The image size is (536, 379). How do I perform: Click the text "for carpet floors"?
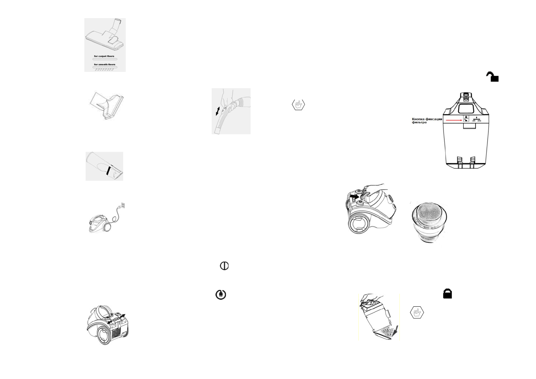(104, 56)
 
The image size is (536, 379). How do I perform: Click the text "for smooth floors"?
(104, 64)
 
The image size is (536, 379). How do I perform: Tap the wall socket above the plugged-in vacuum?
(123, 206)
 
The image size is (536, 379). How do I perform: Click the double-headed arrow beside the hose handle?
(218, 111)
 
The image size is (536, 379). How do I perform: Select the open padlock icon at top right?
(492, 77)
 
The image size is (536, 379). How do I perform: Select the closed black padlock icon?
(448, 294)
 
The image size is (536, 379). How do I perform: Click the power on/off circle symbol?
(224, 266)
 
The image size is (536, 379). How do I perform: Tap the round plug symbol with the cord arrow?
(221, 295)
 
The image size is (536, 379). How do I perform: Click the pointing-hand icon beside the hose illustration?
(298, 104)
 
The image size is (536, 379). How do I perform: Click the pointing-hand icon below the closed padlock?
(417, 312)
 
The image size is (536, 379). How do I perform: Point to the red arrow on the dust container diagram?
(453, 120)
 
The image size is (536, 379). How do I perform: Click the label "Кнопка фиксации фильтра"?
(427, 121)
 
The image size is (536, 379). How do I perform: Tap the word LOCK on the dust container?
(474, 121)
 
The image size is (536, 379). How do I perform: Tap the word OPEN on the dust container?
(479, 121)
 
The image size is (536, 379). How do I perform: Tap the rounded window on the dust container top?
(466, 108)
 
